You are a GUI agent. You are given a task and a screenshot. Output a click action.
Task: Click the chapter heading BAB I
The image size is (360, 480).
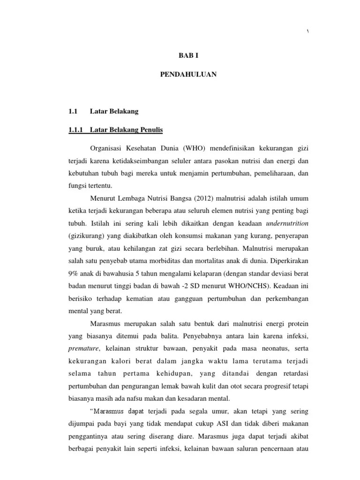tap(189, 55)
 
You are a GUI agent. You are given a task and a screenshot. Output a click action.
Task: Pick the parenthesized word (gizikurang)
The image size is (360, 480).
tap(86, 233)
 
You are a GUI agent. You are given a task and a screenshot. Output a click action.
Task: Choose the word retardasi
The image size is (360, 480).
tap(293, 374)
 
